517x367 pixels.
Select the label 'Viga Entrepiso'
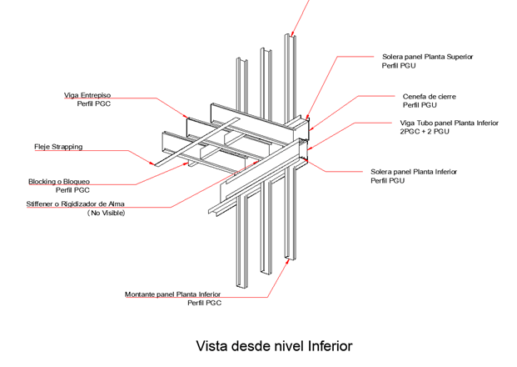click(x=88, y=95)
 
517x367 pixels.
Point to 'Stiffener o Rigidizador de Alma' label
click(x=81, y=204)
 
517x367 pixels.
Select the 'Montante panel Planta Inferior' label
click(x=172, y=294)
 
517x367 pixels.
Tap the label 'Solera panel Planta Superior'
click(x=427, y=56)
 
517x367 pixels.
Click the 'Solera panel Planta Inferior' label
click(x=414, y=172)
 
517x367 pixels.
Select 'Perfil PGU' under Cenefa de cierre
click(x=420, y=106)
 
